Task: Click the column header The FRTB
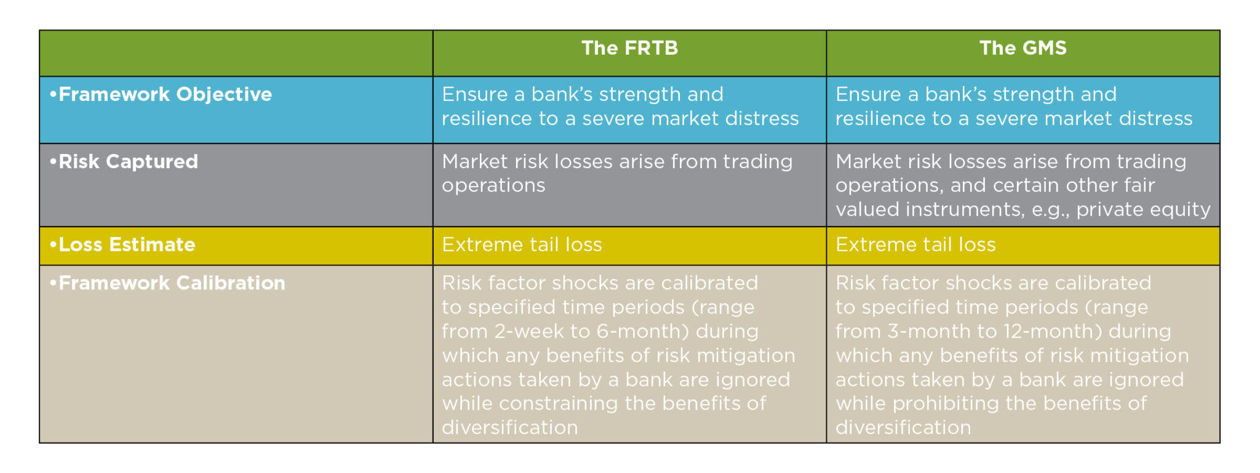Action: (x=629, y=48)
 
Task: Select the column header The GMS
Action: (x=1023, y=48)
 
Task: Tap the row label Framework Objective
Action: (x=161, y=94)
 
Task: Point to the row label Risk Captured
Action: (x=124, y=161)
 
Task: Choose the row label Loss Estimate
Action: (x=123, y=245)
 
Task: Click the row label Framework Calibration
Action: (x=168, y=283)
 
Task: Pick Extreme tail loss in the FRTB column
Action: (x=522, y=245)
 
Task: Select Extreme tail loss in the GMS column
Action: (x=915, y=245)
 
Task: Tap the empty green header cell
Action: (x=236, y=54)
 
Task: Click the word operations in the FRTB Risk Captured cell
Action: (x=493, y=185)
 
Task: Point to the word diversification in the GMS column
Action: (x=903, y=427)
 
